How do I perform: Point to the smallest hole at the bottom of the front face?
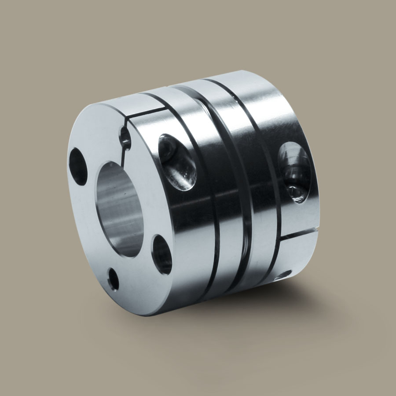pos(113,279)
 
